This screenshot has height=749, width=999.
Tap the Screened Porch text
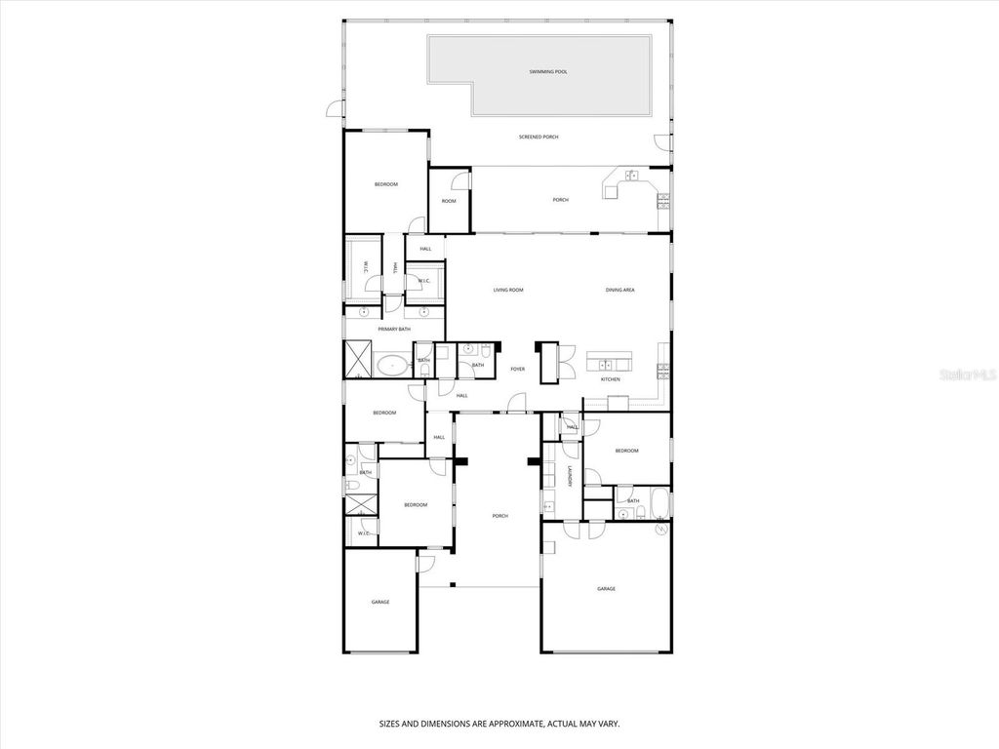(539, 138)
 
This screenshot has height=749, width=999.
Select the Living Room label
(508, 291)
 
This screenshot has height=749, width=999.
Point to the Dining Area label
(620, 291)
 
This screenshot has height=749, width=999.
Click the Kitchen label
(610, 379)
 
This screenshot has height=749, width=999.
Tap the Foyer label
(517, 370)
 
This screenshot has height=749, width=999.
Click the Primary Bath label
(392, 330)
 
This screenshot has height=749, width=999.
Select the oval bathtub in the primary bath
(394, 366)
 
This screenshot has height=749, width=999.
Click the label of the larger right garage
(606, 589)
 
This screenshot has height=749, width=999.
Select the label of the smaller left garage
(380, 603)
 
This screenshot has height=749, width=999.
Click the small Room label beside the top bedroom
(449, 202)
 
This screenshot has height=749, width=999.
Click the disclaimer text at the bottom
(499, 725)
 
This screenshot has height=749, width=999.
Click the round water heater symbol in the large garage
(662, 528)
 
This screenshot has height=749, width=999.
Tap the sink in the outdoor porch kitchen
(631, 176)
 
